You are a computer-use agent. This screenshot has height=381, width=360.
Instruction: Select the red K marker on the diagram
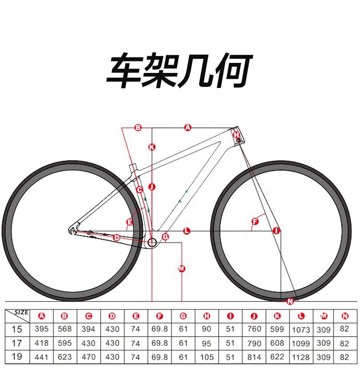[x=152, y=147]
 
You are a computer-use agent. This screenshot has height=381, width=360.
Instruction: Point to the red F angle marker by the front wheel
[x=255, y=221]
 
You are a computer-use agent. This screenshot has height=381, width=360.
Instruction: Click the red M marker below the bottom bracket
[x=181, y=268]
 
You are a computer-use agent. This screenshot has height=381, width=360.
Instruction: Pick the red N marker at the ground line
[x=290, y=301]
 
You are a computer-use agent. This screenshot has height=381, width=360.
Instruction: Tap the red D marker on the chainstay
[x=117, y=237]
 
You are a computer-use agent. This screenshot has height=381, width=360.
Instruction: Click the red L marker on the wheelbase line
[x=186, y=231]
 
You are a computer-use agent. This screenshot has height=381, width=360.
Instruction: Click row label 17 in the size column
[x=17, y=343]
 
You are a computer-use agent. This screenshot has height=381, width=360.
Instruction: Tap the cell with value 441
[x=41, y=357]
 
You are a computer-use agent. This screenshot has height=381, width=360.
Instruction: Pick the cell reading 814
[x=254, y=357]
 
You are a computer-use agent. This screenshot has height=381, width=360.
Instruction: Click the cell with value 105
[x=206, y=357]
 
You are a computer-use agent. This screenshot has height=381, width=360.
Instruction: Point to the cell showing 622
[x=277, y=357]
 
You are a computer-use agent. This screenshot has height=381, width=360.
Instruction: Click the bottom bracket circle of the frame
[x=152, y=242]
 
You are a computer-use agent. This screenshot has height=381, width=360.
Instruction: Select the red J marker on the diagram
[x=152, y=187]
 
